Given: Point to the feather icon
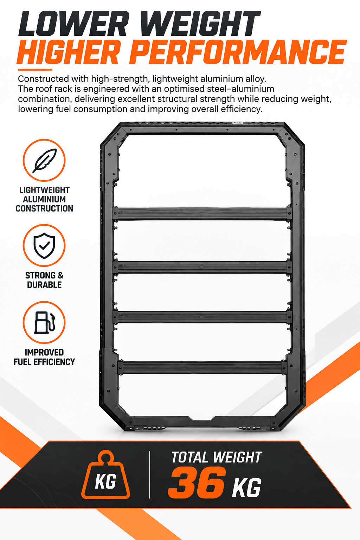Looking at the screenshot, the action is click(44, 161).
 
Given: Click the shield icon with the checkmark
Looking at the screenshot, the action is click(44, 246).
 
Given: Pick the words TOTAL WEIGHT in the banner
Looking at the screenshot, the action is click(217, 457).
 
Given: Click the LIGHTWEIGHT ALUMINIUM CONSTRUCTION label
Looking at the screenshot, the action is click(44, 199).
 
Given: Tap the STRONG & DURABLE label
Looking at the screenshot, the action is click(44, 280).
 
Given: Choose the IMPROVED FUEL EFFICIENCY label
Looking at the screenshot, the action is click(44, 357).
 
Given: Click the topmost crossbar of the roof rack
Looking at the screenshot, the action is click(202, 214).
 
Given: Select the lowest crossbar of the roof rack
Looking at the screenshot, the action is click(202, 367).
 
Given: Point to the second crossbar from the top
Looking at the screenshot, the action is click(202, 267).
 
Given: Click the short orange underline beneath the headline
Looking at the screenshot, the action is click(35, 70).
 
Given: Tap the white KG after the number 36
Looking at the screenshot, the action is click(246, 488).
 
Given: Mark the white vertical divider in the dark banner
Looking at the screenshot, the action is click(150, 475).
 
